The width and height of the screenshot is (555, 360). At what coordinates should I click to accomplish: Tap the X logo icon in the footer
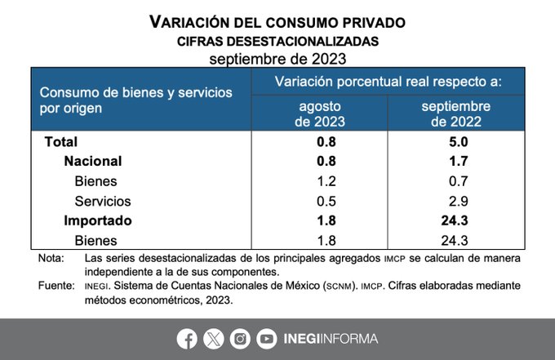pos(213,338)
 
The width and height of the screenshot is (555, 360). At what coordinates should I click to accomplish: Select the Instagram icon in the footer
pos(240,338)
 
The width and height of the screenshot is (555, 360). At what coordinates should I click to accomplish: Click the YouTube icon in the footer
pos(266,338)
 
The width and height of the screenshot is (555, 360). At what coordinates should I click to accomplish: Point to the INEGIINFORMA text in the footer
pos(331,338)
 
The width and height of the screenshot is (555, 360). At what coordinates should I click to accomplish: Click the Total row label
pos(61,141)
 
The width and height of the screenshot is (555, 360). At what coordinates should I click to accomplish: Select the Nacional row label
pos(92,161)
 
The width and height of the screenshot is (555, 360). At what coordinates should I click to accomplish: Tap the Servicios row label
pos(102,201)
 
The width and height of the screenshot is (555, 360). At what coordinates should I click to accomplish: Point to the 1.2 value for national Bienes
pos(320,180)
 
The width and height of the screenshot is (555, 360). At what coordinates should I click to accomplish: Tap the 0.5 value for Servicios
pos(320,201)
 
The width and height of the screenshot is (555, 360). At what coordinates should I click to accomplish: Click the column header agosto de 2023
pos(320,113)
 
